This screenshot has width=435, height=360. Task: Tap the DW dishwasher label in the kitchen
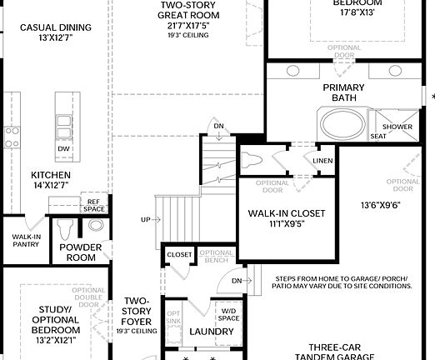point(63,149)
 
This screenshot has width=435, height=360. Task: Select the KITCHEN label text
point(51,180)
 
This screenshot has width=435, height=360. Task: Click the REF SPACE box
point(92,205)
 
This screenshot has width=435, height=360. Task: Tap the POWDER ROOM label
point(80,252)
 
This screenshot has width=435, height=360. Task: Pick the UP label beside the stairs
point(146,220)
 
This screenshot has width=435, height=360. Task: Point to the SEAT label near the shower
point(377,136)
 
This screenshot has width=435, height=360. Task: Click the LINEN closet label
point(322,161)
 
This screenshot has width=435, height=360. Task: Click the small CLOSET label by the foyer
point(179,254)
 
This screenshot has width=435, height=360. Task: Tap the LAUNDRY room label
point(205,332)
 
